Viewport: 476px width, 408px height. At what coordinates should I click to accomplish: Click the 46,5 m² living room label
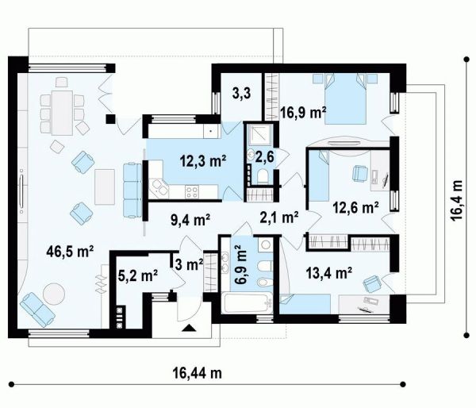[70, 252]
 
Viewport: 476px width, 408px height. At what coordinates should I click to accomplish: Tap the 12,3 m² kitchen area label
[203, 160]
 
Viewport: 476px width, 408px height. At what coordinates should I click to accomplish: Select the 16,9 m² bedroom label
[303, 113]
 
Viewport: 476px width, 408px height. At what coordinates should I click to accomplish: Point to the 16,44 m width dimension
[198, 372]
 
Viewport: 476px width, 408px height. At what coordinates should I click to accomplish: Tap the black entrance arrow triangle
[189, 328]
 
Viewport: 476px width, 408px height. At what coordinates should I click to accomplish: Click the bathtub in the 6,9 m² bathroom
[247, 303]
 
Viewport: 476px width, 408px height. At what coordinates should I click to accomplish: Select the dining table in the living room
[62, 113]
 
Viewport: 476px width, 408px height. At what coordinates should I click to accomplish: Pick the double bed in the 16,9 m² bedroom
[345, 99]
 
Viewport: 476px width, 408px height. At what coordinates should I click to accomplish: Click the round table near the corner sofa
[54, 294]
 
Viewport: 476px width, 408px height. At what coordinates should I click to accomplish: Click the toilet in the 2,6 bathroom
[262, 176]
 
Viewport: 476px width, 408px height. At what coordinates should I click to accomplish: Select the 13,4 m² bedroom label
[329, 272]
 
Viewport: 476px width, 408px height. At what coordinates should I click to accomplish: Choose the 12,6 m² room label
[355, 207]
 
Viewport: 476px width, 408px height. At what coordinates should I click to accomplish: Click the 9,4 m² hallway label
[191, 220]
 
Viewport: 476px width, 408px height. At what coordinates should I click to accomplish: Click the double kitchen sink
[159, 188]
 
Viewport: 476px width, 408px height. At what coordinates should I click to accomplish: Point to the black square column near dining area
[110, 119]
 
